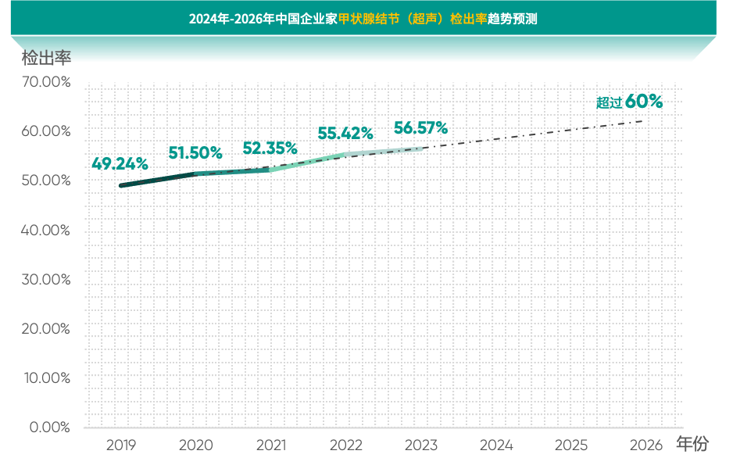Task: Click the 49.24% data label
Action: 120,164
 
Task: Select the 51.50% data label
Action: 195,152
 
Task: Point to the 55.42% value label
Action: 345,134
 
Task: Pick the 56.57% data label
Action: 420,127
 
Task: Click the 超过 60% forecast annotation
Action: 629,102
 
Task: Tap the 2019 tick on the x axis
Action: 121,445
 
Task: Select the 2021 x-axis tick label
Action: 271,445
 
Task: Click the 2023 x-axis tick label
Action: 421,445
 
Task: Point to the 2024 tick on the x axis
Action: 496,445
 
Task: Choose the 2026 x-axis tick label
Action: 646,445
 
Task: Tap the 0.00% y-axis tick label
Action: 49,427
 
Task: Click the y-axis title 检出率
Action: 46,58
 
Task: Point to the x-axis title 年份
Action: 692,445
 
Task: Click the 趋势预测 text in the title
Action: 512,19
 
